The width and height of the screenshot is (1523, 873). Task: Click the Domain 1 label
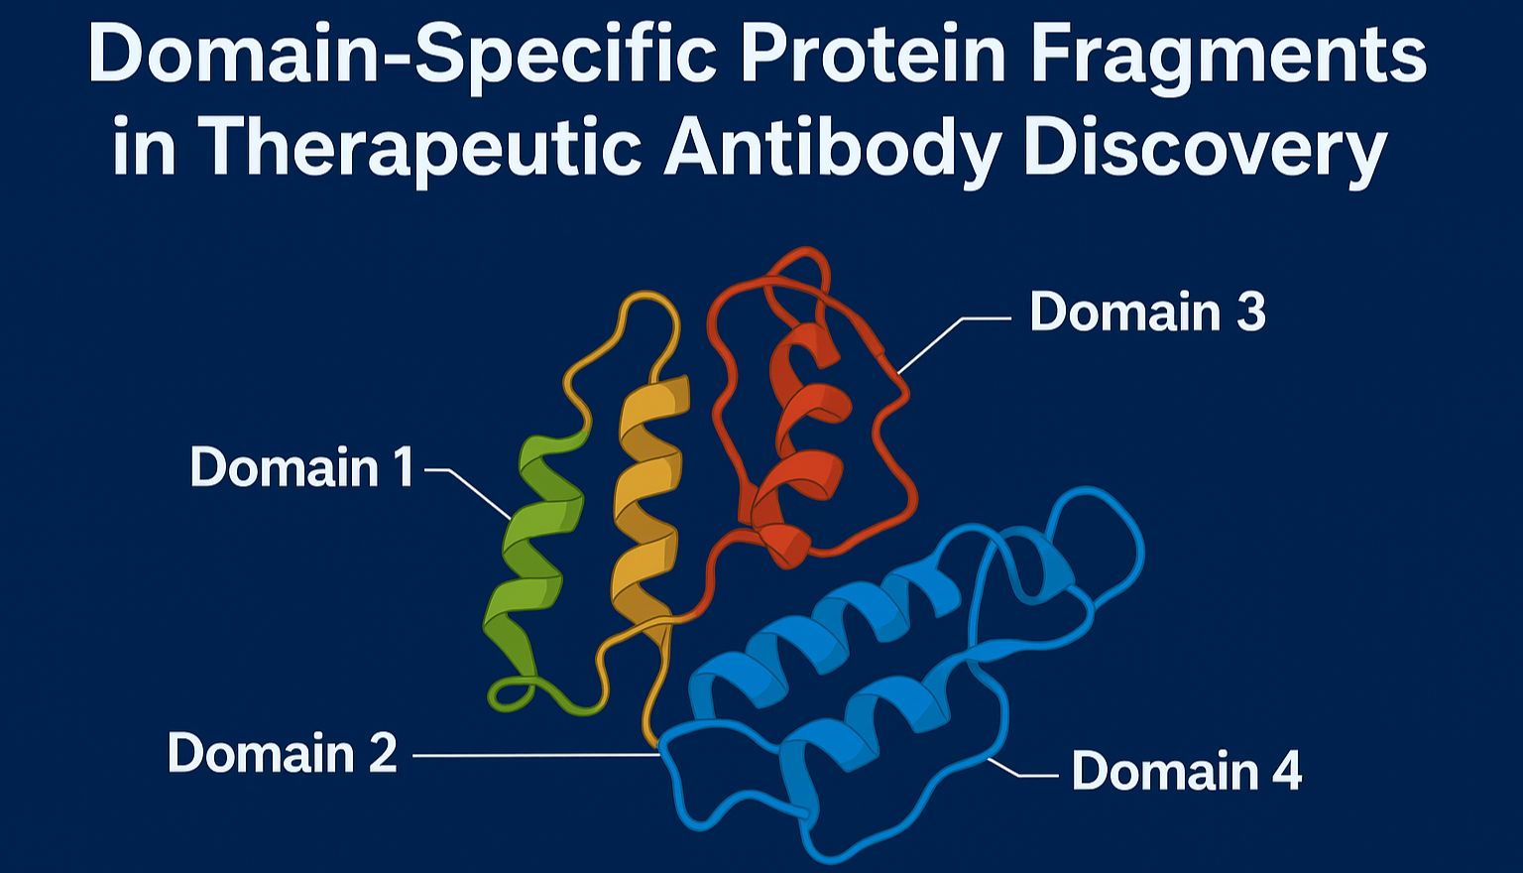click(301, 466)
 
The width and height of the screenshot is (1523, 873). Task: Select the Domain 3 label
click(1147, 311)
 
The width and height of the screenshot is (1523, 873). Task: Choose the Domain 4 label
click(1187, 770)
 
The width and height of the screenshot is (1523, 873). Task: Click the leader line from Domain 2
click(535, 755)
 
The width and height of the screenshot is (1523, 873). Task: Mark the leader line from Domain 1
click(469, 491)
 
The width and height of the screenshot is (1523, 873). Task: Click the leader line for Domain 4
click(1021, 769)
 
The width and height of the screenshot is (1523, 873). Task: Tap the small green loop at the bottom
click(513, 694)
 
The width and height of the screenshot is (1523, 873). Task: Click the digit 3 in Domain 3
click(1249, 311)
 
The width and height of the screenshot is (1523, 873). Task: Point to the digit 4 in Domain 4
click(1284, 770)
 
